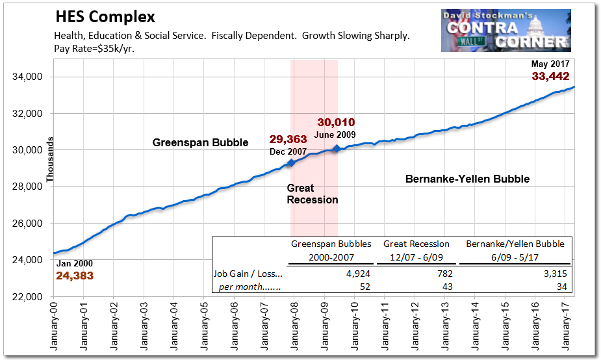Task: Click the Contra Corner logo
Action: point(506,31)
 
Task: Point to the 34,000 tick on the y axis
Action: point(27,77)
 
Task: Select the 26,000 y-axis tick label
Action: point(27,224)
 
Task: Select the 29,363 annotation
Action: point(288,139)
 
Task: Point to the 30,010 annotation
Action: point(336,122)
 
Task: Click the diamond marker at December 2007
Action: point(291,162)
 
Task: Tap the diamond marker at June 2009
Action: point(336,149)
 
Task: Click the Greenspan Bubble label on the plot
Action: point(200,142)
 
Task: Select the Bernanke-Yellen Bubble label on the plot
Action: point(467,179)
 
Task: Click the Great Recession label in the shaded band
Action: point(313,194)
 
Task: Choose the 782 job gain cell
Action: point(444,274)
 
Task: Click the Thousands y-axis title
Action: point(49,159)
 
